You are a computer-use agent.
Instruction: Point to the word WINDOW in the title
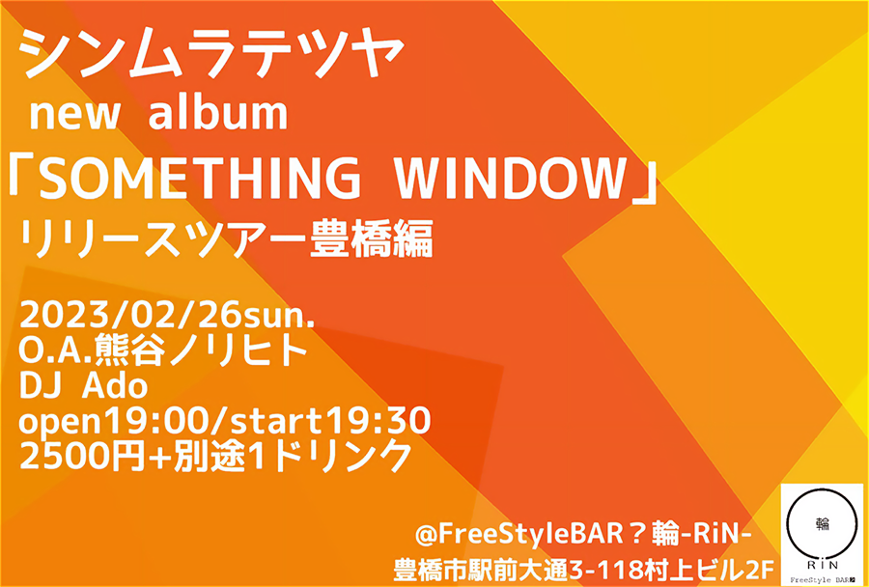tap(511, 179)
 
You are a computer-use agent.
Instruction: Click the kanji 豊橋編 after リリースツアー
tap(370, 240)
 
